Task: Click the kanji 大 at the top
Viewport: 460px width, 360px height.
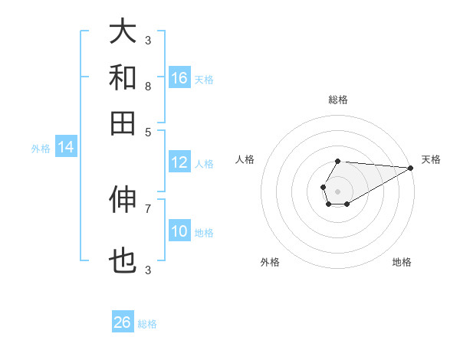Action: click(x=123, y=32)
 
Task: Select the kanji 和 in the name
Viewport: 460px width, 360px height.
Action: click(x=123, y=77)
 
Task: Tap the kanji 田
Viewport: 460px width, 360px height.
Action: click(x=123, y=122)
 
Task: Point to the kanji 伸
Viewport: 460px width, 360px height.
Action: click(x=123, y=198)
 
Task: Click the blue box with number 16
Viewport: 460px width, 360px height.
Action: click(x=179, y=77)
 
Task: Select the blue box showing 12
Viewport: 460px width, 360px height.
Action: click(x=179, y=162)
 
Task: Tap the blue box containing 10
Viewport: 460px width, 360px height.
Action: click(x=179, y=231)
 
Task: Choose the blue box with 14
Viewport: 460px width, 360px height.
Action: click(x=65, y=147)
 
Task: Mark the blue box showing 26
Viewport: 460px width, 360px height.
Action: click(x=123, y=322)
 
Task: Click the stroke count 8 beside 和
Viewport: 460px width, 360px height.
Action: click(x=147, y=86)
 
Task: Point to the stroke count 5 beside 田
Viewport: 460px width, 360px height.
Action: click(x=147, y=131)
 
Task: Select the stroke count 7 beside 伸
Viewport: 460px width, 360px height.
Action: click(x=147, y=208)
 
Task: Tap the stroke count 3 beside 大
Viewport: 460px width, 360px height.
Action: click(x=147, y=40)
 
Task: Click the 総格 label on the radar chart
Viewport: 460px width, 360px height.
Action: click(x=338, y=100)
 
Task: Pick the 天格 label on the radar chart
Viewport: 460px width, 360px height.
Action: click(x=431, y=159)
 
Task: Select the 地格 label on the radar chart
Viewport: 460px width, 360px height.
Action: click(x=402, y=262)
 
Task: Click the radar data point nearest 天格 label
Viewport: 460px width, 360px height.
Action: click(x=411, y=168)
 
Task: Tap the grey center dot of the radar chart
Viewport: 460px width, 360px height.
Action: click(x=337, y=191)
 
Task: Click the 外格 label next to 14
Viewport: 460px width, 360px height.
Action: click(x=41, y=149)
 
